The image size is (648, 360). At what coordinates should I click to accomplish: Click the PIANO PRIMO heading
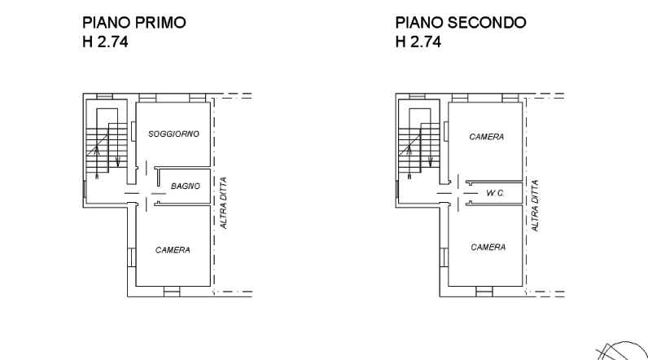(x=134, y=22)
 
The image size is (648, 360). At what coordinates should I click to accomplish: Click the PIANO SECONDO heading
(x=461, y=22)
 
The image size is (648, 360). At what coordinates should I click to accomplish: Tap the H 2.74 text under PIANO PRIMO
(x=105, y=42)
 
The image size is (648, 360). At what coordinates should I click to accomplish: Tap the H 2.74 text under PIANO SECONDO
(x=418, y=42)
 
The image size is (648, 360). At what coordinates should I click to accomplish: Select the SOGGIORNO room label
(x=173, y=134)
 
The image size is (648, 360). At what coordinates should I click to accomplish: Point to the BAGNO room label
(x=186, y=187)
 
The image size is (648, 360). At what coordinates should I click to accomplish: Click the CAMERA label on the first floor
(x=173, y=250)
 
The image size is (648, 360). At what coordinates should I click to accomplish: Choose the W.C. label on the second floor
(x=495, y=193)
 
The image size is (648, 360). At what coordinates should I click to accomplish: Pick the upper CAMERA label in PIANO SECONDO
(x=487, y=137)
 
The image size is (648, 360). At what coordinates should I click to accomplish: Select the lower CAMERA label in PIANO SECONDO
(x=488, y=247)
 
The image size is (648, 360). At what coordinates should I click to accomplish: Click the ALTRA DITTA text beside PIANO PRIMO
(x=223, y=203)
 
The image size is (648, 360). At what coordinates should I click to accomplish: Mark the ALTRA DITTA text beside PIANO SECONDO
(x=534, y=205)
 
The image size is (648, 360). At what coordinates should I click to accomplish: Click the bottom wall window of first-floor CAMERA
(x=172, y=292)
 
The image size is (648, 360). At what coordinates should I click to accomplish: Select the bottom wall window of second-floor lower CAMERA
(x=484, y=292)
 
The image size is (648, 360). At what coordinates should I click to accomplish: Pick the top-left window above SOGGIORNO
(x=147, y=98)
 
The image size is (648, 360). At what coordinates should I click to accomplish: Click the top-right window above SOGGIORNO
(x=198, y=98)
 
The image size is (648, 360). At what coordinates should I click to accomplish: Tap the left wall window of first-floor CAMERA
(x=131, y=257)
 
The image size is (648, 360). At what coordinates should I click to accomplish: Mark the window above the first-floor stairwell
(x=104, y=96)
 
